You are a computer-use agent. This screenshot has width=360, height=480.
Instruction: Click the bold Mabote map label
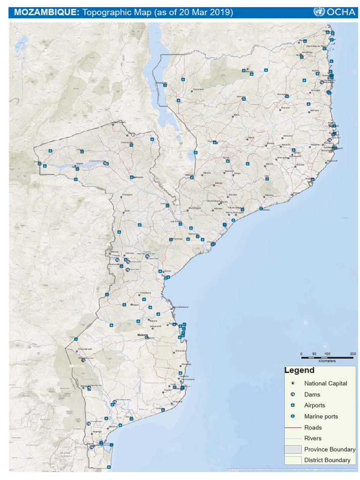(142, 335)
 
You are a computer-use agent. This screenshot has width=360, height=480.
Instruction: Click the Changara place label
(127, 194)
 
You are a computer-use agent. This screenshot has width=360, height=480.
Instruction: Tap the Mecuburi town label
(287, 136)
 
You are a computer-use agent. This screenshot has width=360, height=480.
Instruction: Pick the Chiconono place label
(198, 90)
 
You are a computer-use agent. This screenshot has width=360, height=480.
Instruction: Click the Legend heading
(299, 371)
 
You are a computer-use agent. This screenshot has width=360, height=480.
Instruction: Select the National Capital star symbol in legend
(292, 383)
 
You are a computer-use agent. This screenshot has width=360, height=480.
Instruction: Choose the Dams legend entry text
(312, 395)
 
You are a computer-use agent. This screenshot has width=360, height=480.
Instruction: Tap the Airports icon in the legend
(292, 405)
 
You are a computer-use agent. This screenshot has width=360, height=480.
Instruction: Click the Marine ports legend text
(321, 416)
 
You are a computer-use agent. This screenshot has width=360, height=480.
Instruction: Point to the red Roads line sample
(292, 427)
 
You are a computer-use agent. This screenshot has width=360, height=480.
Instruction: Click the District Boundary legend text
(327, 460)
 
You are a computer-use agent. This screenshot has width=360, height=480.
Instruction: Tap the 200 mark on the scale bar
(353, 353)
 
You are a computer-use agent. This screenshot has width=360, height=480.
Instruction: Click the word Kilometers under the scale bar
(327, 361)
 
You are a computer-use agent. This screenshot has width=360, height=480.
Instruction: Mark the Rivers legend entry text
(313, 438)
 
